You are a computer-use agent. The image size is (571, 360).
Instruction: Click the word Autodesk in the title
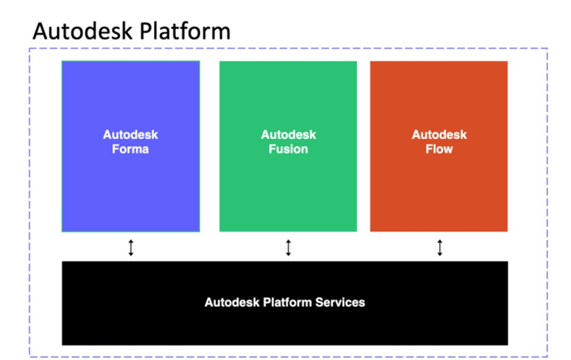coord(82,31)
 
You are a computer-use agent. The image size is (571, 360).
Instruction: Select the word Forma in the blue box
coord(130,149)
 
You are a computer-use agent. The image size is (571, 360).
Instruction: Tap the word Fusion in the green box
coord(289,149)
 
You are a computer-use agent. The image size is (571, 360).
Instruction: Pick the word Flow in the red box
coord(439,149)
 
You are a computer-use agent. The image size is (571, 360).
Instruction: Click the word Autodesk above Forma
coord(130,135)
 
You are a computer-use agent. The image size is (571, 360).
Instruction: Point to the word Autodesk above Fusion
coord(289,135)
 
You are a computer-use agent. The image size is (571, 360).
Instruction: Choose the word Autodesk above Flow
coord(439,135)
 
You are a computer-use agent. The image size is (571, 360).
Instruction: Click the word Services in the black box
coord(340,303)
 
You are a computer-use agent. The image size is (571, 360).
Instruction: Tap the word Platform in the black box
coord(287,303)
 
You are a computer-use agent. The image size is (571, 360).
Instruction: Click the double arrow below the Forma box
coord(131,247)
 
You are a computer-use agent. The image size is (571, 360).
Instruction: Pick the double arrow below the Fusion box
coord(289,247)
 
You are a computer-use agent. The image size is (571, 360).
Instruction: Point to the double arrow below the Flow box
coord(440,247)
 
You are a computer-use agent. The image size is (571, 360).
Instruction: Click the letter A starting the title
coord(40,32)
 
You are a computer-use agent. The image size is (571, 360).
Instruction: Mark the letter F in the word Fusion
coord(272,149)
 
